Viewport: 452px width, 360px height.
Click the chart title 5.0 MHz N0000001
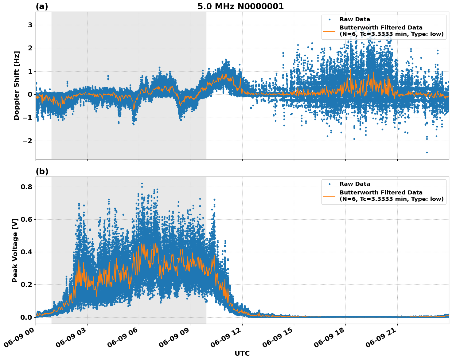point(240,6)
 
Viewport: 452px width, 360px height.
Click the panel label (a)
point(42,6)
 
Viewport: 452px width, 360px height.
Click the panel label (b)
point(42,171)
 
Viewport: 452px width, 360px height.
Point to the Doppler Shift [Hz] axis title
point(17,85)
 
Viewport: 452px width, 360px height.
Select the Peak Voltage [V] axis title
point(15,250)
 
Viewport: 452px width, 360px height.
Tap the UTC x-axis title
point(242,353)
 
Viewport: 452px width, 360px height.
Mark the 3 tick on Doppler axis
point(30,25)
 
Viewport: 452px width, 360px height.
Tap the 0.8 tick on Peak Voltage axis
point(27,187)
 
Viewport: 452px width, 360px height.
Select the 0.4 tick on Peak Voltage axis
point(27,252)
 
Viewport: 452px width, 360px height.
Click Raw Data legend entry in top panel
point(355,19)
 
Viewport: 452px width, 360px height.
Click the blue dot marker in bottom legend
point(329,184)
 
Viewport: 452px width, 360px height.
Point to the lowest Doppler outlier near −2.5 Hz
point(427,152)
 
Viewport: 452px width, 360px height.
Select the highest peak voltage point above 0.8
point(142,183)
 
